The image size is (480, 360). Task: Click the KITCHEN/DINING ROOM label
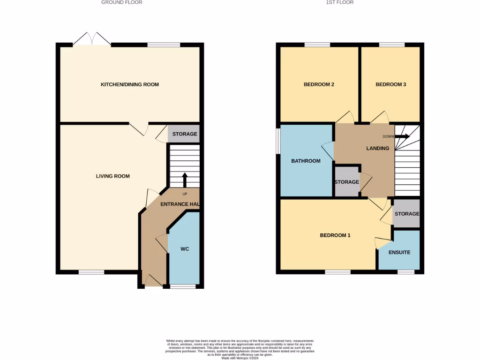(x=130, y=85)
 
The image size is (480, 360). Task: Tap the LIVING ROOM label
(x=112, y=176)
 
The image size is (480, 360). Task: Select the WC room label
(x=185, y=249)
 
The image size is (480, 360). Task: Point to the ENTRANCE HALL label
(x=180, y=204)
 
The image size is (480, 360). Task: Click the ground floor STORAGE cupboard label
(x=185, y=134)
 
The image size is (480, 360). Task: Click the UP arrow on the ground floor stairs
(x=184, y=180)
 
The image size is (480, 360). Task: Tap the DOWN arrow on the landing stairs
(x=402, y=136)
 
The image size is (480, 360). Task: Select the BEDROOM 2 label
(x=319, y=85)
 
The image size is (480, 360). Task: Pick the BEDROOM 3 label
(x=390, y=85)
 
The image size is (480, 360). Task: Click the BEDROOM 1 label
(x=335, y=235)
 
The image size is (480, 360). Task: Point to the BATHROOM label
(x=306, y=161)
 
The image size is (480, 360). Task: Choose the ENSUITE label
(x=399, y=252)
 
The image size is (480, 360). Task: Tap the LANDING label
(x=377, y=149)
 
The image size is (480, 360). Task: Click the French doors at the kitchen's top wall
(x=92, y=39)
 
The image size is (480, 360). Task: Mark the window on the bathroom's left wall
(x=278, y=141)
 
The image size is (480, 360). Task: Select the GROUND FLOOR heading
(x=122, y=2)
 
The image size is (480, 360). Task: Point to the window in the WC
(x=182, y=286)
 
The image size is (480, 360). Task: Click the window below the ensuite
(x=405, y=272)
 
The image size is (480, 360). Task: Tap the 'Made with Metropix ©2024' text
(x=240, y=358)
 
